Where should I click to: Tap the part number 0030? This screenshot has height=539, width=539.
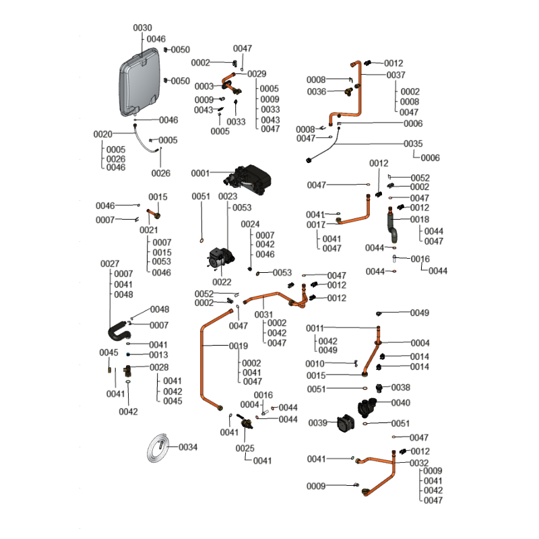click(x=142, y=28)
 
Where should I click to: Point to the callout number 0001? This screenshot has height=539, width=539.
click(x=200, y=173)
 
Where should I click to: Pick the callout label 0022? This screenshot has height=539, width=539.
click(x=222, y=282)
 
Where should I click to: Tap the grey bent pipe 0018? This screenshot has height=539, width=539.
click(x=393, y=226)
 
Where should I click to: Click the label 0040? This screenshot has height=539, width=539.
click(x=400, y=403)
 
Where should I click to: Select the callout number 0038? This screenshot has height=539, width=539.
click(x=401, y=387)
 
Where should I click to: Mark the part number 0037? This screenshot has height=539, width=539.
click(x=395, y=75)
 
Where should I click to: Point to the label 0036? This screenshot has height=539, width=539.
click(x=317, y=91)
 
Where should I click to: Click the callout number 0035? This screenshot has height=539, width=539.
click(x=413, y=144)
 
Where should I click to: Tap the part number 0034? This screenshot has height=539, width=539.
click(x=188, y=447)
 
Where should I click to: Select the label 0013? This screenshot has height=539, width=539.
click(x=158, y=354)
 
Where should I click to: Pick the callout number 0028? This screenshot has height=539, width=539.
click(x=159, y=367)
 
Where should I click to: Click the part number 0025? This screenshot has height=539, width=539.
click(x=245, y=448)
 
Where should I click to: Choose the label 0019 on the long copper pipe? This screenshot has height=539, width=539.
click(x=239, y=346)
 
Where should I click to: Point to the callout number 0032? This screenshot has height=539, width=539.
click(x=418, y=463)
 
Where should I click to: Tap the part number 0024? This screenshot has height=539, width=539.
click(x=250, y=224)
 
